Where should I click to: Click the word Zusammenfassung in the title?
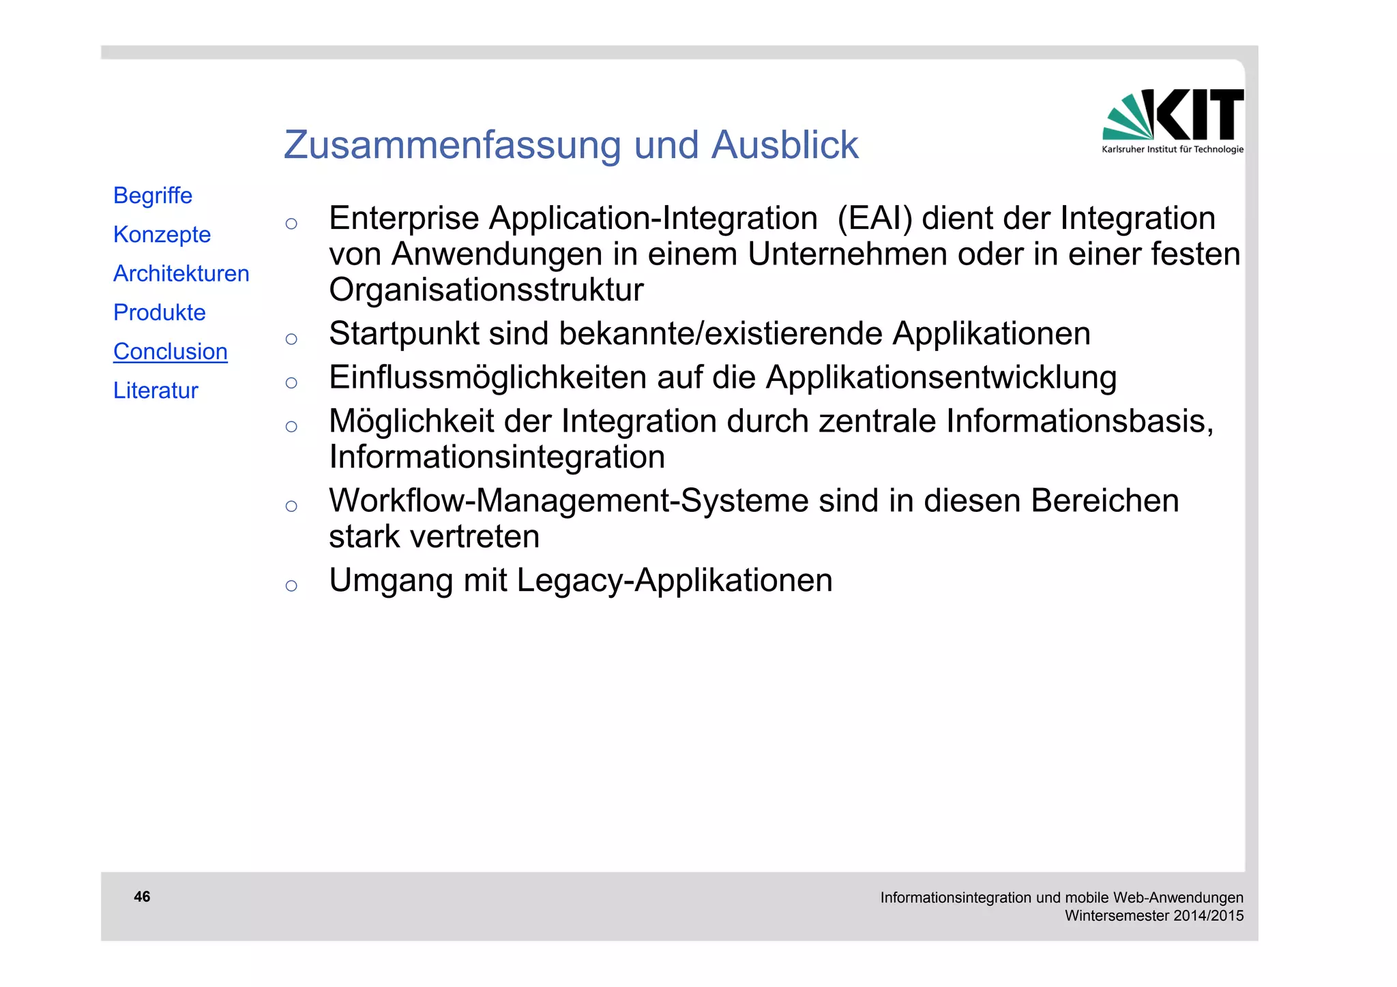coord(452,145)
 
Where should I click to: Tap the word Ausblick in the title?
coord(784,145)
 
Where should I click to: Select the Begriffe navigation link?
coord(153,196)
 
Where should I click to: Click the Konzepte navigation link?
coord(162,234)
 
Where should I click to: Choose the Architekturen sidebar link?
coord(181,273)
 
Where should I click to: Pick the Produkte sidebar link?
coord(159,312)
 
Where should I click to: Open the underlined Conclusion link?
coord(170,352)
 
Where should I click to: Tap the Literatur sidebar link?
coord(156,391)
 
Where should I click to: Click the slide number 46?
coord(142,896)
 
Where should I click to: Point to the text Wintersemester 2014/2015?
coord(1153,915)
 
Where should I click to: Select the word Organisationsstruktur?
coord(486,290)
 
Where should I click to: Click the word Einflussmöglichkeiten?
coord(487,378)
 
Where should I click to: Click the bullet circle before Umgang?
coord(291,586)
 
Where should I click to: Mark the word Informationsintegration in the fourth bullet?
coord(497,457)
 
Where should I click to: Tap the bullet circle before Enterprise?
coord(291,224)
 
